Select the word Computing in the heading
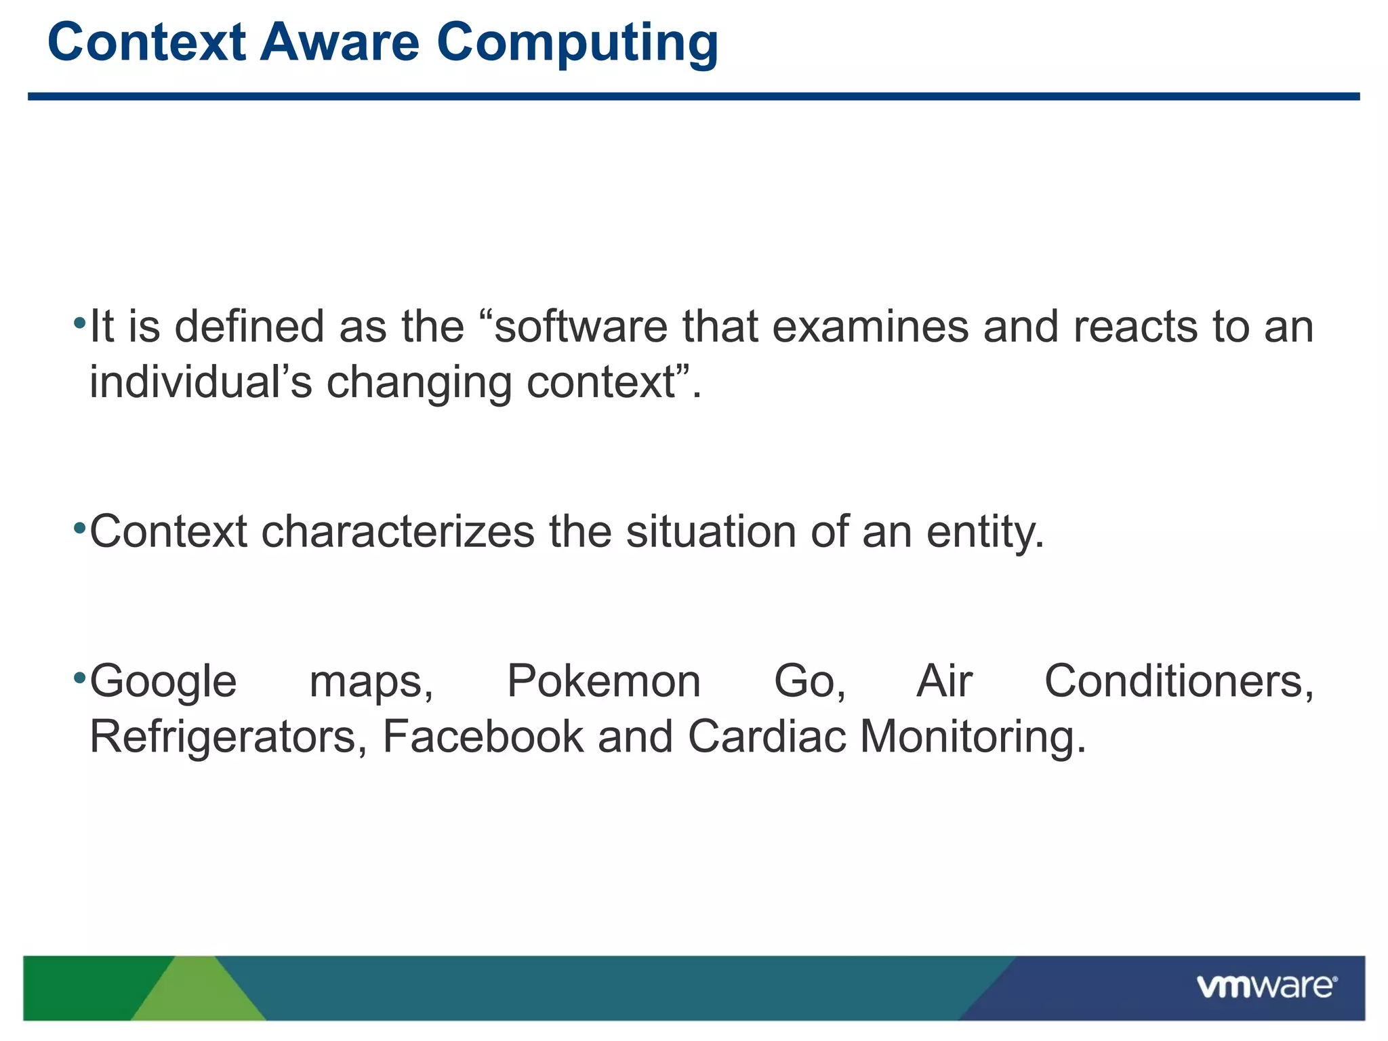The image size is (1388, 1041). [x=577, y=43]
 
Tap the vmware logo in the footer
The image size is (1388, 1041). [x=1266, y=986]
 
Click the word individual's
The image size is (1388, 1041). [x=201, y=382]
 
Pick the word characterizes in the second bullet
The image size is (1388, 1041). [x=398, y=531]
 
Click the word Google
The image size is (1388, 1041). [x=163, y=682]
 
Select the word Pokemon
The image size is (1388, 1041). [x=603, y=681]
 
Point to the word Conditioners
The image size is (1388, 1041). [x=1179, y=681]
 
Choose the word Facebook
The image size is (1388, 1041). [x=483, y=737]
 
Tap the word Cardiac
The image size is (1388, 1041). [x=767, y=737]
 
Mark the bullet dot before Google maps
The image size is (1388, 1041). [x=79, y=677]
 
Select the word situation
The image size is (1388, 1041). [x=711, y=531]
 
